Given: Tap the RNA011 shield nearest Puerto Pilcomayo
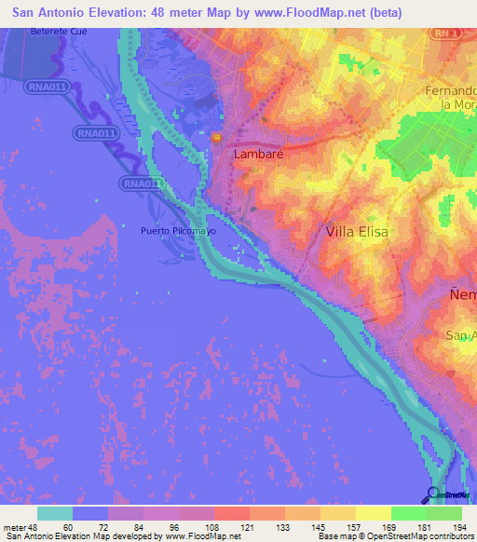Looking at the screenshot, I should (143, 183).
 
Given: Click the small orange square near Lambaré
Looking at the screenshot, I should (216, 138).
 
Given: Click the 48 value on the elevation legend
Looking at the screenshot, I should (36, 528).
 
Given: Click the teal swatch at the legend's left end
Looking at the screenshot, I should (55, 514).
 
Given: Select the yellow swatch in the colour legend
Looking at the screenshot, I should (374, 514).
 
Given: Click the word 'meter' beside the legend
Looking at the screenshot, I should (16, 528).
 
